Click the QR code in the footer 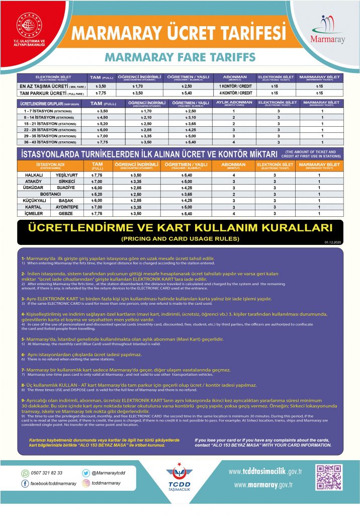(327, 478)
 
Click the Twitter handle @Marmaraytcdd (108, 473)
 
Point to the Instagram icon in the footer (86, 483)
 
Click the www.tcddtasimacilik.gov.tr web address (265, 472)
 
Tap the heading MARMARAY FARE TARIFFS (180, 57)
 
